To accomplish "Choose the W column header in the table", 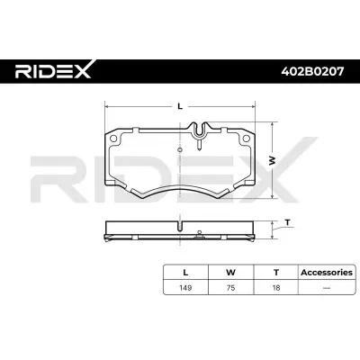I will pos(231,270).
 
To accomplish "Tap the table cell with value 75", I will pos(231,289).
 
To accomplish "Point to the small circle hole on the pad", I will pos(181,150).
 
